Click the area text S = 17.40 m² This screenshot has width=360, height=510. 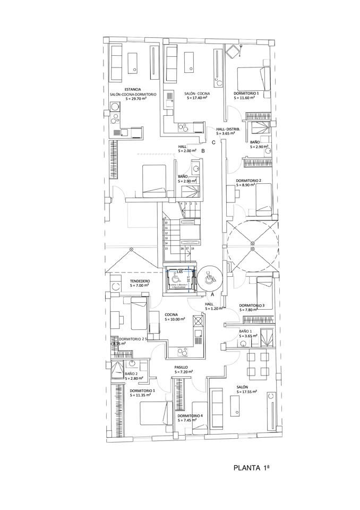pos(197,99)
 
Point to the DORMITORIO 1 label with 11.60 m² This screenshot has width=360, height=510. pos(246,93)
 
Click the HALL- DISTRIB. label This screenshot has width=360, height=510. pos(228,129)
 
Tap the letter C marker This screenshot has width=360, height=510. pos(213,142)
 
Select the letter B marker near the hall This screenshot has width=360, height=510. pos(203,150)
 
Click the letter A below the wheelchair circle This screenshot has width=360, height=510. pos(212,294)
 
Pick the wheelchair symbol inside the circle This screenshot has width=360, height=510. pos(208,277)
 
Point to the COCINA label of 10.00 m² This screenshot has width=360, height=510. pos(174,314)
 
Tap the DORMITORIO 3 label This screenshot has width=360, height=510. pos(251,305)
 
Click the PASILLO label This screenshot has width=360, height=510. pos(181,367)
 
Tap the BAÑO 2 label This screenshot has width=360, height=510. pos(131,374)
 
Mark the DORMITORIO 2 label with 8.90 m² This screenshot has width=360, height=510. pos(248,181)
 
